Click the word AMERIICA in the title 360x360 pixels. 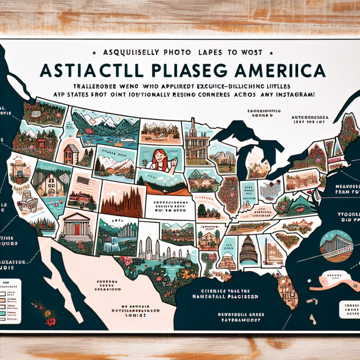tap(276, 71)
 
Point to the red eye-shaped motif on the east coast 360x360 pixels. tap(300, 208)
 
